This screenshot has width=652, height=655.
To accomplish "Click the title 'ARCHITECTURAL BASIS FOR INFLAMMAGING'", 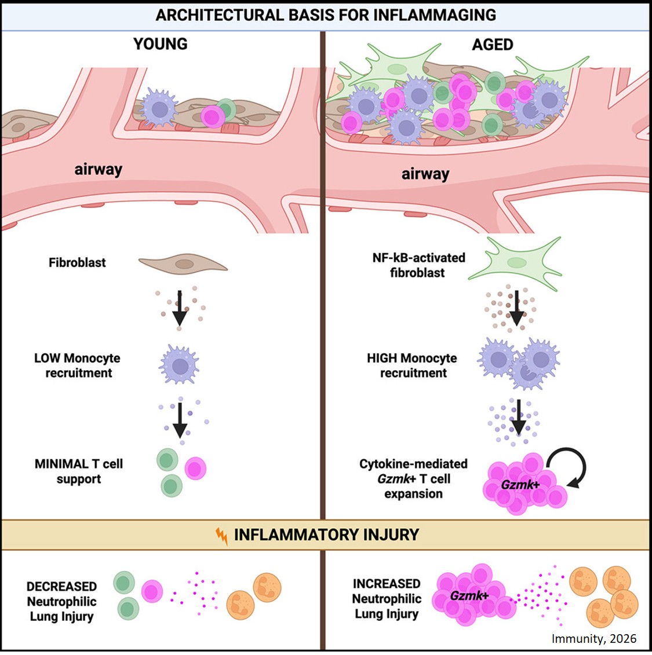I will click(x=326, y=15).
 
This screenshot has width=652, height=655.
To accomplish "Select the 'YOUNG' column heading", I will click(x=161, y=44).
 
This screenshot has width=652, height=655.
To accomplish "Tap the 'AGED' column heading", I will click(x=492, y=45).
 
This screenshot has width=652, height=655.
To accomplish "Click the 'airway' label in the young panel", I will click(x=99, y=169).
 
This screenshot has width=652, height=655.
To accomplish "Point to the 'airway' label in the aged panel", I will click(x=425, y=174).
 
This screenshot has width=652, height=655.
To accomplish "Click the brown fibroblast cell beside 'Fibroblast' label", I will click(x=183, y=264).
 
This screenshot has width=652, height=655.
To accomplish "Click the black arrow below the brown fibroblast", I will click(x=180, y=308).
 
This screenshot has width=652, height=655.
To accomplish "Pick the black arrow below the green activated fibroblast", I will click(x=516, y=308).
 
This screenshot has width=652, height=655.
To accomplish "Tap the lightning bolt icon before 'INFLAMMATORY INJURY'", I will click(x=221, y=536).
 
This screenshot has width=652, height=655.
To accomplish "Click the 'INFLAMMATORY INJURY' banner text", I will click(x=326, y=535).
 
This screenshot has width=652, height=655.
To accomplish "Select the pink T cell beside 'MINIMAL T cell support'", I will click(x=195, y=469).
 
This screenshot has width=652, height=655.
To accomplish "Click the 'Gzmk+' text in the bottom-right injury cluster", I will click(x=469, y=595).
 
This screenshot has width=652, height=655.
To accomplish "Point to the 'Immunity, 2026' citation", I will click(x=593, y=639).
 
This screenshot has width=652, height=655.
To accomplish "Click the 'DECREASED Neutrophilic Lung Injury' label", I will click(x=61, y=601).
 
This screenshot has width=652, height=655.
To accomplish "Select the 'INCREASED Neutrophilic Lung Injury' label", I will click(x=387, y=598).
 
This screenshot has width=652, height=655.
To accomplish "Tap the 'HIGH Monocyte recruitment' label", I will click(x=412, y=365).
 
